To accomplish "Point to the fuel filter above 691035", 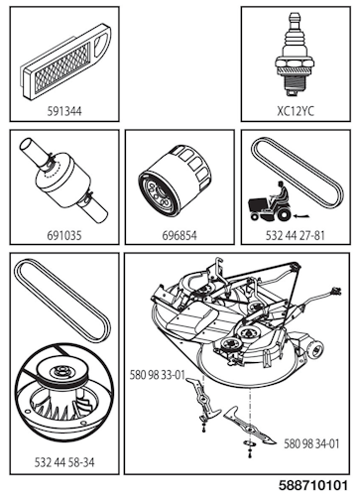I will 60,183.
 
